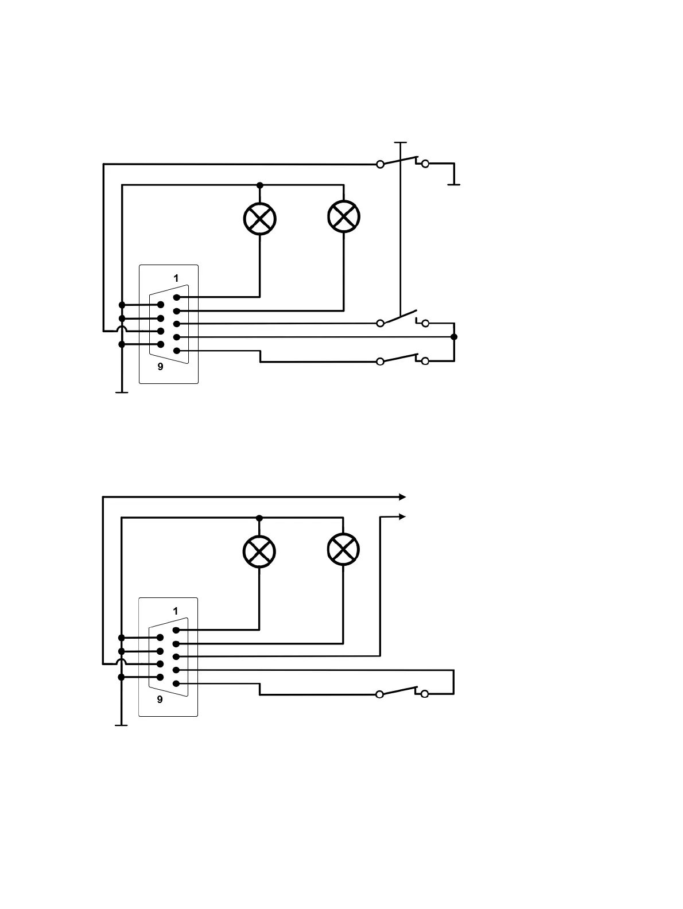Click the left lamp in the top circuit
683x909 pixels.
260,219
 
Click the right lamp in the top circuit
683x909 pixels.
343,216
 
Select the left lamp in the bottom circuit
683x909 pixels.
259,551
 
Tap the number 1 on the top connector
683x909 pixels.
176,278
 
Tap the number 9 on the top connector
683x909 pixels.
160,367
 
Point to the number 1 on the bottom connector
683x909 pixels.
176,611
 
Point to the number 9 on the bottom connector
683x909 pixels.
160,700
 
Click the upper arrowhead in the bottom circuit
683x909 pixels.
402,497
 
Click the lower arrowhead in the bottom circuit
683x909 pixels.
402,517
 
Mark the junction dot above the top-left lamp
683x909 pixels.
260,185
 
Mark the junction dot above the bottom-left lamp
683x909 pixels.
259,518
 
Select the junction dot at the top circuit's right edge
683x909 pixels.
454,337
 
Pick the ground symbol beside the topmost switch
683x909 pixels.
454,184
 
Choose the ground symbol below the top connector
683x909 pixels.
122,392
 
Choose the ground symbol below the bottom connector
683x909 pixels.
121,725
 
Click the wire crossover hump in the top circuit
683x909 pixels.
122,330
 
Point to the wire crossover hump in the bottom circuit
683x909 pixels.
121,663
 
